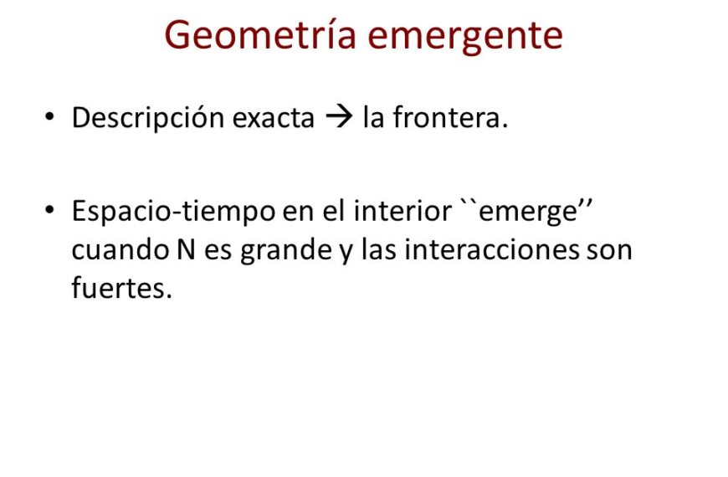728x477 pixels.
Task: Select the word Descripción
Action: pos(147,119)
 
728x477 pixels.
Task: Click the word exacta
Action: pos(273,119)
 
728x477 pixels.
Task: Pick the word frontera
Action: pos(450,119)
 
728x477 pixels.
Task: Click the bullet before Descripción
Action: pos(51,118)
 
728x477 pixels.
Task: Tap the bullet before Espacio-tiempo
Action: pos(51,209)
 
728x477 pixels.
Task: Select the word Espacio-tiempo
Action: pos(173,211)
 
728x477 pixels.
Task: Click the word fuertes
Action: pos(121,290)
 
